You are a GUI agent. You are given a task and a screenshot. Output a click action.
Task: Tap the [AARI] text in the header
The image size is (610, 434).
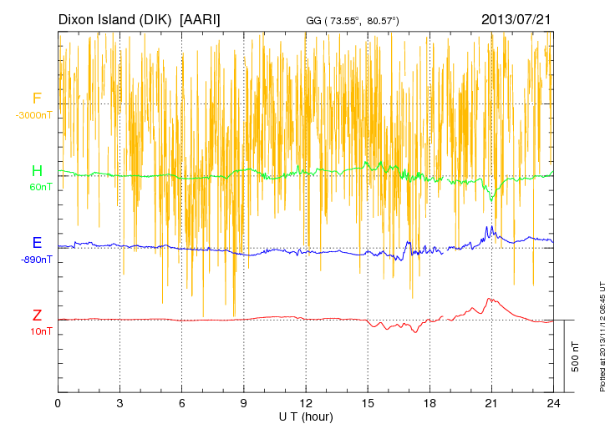(x=201, y=18)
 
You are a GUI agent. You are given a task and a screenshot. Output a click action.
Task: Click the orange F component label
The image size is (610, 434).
(x=37, y=99)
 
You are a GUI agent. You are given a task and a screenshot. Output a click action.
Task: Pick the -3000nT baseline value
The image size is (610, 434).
(x=33, y=115)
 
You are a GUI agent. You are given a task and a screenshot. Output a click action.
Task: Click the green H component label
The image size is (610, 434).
(x=37, y=172)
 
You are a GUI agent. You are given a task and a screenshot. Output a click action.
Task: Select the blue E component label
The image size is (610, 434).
(x=37, y=244)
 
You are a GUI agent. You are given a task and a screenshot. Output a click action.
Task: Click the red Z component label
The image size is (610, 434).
(x=37, y=315)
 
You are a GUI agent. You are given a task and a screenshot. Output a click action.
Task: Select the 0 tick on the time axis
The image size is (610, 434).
(x=58, y=403)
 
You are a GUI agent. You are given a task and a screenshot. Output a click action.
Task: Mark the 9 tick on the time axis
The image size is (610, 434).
(x=244, y=403)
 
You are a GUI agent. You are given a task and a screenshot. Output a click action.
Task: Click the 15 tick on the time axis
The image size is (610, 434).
(x=368, y=403)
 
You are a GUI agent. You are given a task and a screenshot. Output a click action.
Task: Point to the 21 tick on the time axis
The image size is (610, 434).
(x=491, y=403)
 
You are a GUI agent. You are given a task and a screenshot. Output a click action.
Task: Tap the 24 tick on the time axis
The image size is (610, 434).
(x=553, y=403)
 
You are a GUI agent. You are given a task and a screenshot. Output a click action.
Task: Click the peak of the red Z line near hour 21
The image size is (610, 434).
(x=491, y=298)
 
